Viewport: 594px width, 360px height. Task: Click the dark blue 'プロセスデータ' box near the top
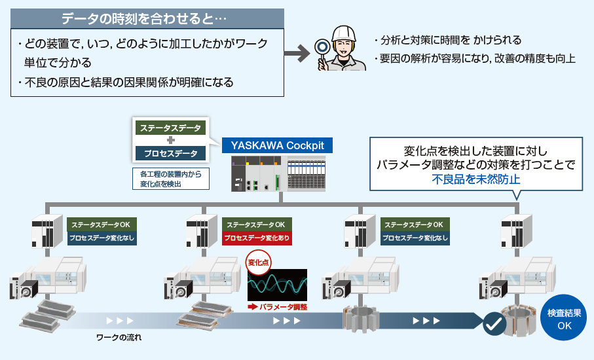(x=170, y=154)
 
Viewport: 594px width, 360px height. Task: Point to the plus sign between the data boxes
(x=170, y=141)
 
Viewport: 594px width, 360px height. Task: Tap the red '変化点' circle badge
(x=259, y=263)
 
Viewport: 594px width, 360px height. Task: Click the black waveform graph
(x=277, y=284)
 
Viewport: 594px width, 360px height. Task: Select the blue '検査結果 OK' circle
(x=564, y=319)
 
